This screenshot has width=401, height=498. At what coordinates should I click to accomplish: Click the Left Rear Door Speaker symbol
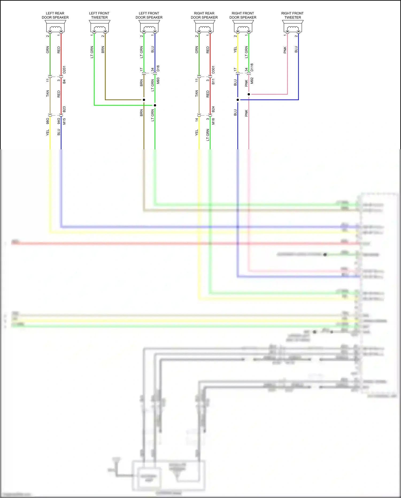tap(55, 27)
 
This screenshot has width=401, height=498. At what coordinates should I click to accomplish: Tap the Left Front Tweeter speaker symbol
tap(99, 27)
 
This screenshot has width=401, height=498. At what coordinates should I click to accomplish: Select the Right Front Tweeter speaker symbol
tap(293, 27)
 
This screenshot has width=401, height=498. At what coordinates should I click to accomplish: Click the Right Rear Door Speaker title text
tap(204, 15)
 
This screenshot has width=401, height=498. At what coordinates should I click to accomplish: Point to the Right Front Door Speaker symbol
tap(243, 27)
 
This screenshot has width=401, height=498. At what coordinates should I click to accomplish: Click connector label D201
tap(64, 70)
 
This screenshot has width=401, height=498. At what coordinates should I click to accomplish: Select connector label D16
tap(158, 68)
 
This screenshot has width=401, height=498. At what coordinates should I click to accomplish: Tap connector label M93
tap(158, 81)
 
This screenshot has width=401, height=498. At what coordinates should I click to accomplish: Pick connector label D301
tap(213, 70)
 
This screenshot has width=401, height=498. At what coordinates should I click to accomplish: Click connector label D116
tap(252, 67)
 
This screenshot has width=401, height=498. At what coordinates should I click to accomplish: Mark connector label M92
tap(252, 81)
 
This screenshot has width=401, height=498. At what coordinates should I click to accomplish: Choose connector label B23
tap(64, 109)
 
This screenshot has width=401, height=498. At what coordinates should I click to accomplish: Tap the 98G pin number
tap(48, 121)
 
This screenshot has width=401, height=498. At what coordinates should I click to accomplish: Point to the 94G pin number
tap(59, 121)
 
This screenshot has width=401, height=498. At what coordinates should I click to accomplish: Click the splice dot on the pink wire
tap(249, 94)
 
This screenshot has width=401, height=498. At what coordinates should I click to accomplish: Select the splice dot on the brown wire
tap(144, 100)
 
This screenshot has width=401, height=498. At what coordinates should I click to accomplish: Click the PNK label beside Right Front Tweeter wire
tap(285, 50)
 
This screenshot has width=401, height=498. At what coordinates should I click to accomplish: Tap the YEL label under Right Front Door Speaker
tap(235, 50)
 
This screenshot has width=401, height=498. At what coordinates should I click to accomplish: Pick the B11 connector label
tap(213, 81)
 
